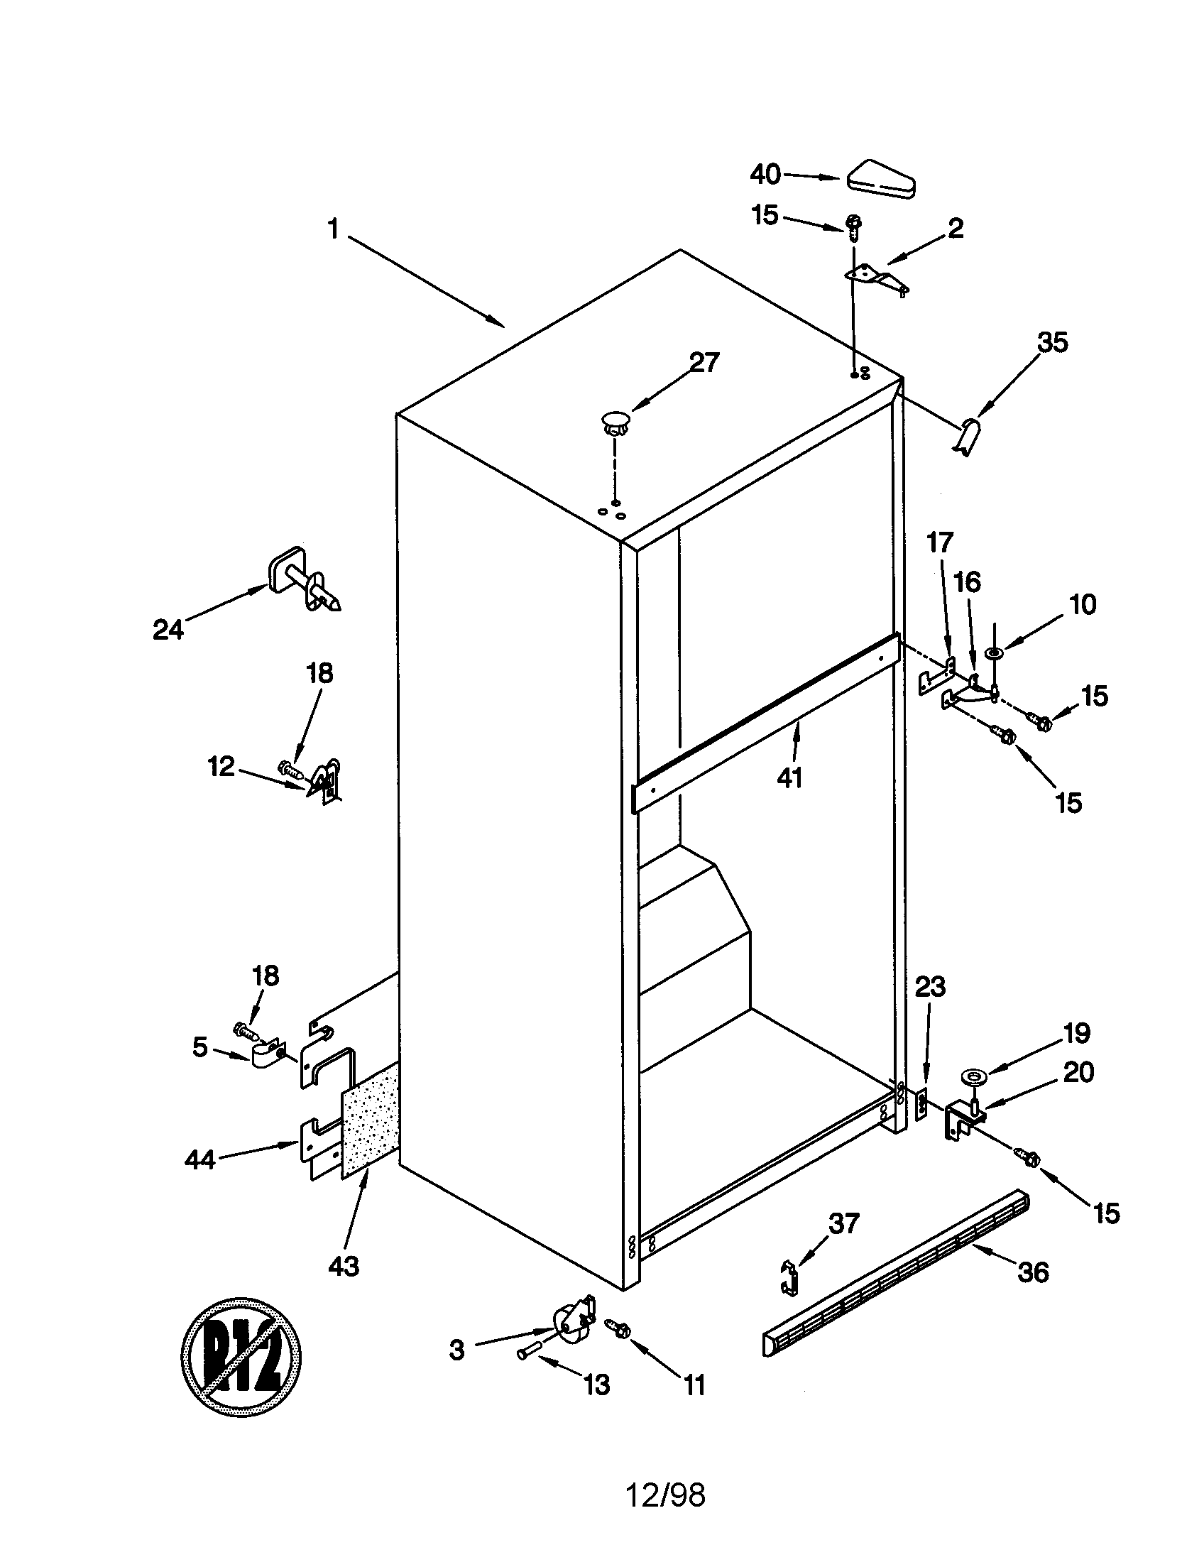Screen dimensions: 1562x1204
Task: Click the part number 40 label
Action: tap(765, 174)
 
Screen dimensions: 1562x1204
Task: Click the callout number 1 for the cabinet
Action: tap(333, 229)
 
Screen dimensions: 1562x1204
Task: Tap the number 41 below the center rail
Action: tap(790, 777)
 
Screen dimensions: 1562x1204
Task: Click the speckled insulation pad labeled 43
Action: tap(371, 1120)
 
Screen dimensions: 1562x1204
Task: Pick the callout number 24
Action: tap(168, 629)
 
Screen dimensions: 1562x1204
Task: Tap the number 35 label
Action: tap(1052, 343)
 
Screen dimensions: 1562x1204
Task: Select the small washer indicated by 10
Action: tap(993, 652)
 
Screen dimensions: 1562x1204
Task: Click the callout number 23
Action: tap(930, 987)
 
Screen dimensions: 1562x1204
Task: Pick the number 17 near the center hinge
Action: tap(939, 543)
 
